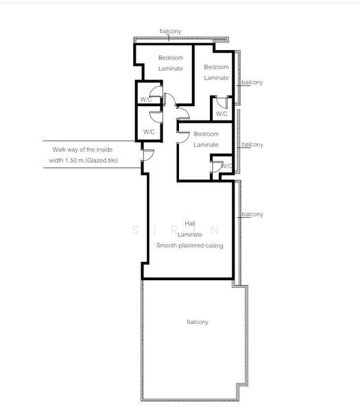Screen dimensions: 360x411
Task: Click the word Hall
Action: pyautogui.click(x=190, y=223)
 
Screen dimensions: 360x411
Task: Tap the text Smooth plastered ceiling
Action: pyautogui.click(x=190, y=246)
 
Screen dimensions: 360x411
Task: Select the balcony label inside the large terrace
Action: pyautogui.click(x=197, y=322)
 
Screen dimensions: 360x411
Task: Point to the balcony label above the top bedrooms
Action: pyautogui.click(x=171, y=32)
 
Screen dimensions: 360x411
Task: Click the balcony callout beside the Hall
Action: pyautogui.click(x=252, y=214)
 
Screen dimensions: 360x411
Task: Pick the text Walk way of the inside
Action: pyautogui.click(x=82, y=149)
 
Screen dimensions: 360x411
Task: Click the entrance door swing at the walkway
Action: pyautogui.click(x=147, y=155)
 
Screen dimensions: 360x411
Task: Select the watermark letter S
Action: pyautogui.click(x=135, y=230)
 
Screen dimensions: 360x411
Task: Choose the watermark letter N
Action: pyautogui.click(x=215, y=230)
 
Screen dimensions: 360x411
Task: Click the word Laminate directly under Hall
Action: pyautogui.click(x=190, y=234)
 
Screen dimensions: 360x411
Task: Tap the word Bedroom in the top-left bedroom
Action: pyautogui.click(x=171, y=58)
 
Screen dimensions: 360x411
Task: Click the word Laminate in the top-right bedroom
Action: pyautogui.click(x=217, y=78)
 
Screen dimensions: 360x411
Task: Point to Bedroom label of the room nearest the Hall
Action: pyautogui.click(x=206, y=134)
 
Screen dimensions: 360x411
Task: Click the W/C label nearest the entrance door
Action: pyautogui.click(x=149, y=132)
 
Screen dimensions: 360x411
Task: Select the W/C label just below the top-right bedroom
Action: pyautogui.click(x=221, y=114)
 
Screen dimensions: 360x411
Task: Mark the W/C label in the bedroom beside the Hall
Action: pyautogui.click(x=227, y=166)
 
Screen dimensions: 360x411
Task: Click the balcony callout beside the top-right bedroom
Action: pyautogui.click(x=252, y=82)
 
